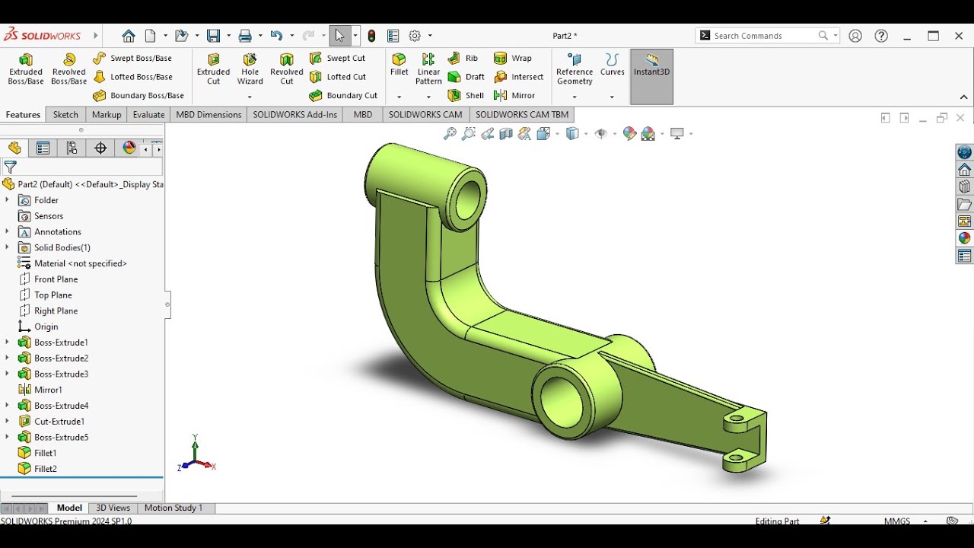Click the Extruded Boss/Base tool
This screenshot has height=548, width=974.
click(26, 68)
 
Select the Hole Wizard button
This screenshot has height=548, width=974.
click(250, 68)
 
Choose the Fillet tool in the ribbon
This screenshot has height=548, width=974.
click(399, 64)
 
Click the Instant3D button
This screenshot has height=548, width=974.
click(651, 65)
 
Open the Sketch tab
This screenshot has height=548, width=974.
click(65, 115)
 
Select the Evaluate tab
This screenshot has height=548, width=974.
click(148, 115)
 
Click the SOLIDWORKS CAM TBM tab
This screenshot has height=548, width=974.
click(521, 115)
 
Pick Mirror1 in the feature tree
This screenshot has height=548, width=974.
click(48, 390)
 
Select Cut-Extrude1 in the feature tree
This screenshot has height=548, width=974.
click(59, 422)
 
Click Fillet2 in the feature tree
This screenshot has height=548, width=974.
click(45, 469)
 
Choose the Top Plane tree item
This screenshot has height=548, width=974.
click(53, 295)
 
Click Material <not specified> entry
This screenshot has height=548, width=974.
click(80, 263)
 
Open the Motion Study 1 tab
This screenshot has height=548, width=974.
click(173, 508)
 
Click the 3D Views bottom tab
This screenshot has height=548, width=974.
click(113, 508)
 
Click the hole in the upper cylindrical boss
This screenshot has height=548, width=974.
click(469, 199)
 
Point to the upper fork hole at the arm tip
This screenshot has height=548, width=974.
click(736, 418)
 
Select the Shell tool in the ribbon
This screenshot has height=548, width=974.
click(466, 96)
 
